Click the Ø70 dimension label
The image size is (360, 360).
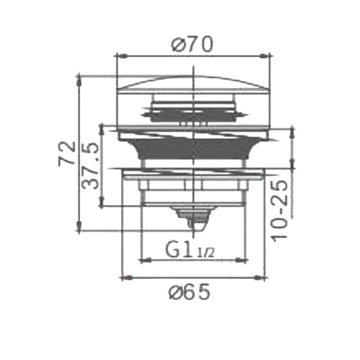[x=193, y=44]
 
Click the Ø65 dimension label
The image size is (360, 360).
[x=190, y=292]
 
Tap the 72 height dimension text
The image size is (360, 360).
[x=67, y=154]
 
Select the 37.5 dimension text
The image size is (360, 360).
[x=90, y=166]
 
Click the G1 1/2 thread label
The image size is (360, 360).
[x=190, y=251]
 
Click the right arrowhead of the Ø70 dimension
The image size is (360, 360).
[x=265, y=56]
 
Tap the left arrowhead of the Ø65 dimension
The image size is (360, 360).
[x=127, y=278]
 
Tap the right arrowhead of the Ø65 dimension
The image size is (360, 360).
[x=259, y=278]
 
